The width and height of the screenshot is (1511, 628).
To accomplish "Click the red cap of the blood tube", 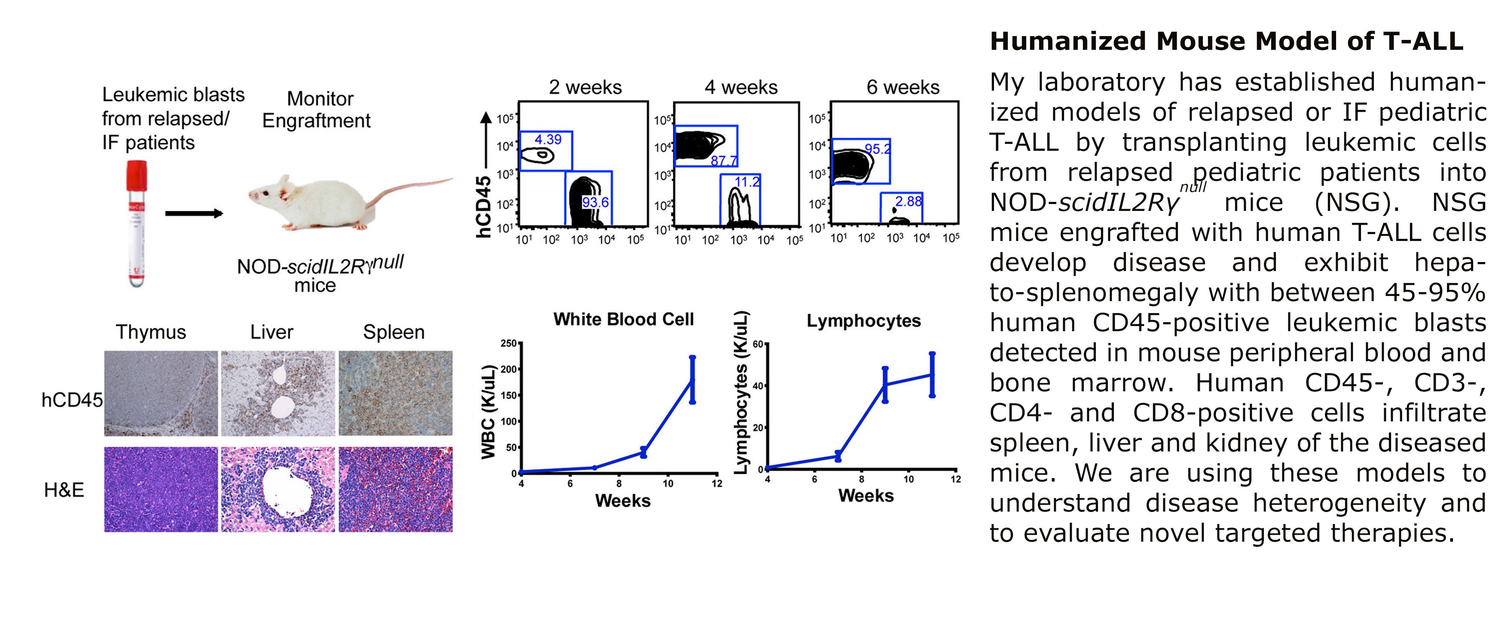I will [136, 175].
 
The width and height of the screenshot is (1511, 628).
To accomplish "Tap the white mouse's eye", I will [266, 193].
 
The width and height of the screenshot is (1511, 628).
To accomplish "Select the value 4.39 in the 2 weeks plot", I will [548, 140].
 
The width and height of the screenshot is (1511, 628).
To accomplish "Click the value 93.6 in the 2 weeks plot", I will [595, 202].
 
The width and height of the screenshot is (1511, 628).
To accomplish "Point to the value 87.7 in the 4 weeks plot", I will [723, 161].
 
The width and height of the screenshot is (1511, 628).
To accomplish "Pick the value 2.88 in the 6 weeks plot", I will [908, 201].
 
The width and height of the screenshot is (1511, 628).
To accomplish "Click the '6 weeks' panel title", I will [903, 87].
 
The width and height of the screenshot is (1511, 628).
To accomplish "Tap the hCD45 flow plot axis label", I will [484, 207].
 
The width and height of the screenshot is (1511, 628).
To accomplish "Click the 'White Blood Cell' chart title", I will [624, 319].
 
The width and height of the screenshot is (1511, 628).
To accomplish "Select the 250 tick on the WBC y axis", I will [508, 344].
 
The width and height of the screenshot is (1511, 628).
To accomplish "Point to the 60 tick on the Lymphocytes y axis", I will [757, 344].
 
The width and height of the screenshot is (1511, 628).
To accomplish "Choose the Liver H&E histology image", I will [278, 490].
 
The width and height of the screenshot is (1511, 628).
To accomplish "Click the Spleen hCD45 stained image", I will [395, 393].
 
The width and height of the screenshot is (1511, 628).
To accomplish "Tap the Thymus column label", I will [151, 332].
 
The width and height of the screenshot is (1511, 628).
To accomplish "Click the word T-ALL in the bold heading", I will [1422, 41].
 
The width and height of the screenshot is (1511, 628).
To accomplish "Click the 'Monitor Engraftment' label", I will [317, 110].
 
